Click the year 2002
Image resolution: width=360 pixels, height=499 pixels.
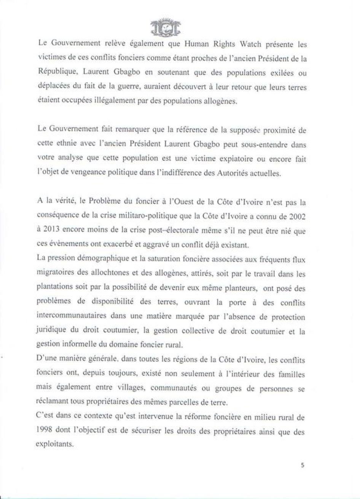pyautogui.click(x=296, y=216)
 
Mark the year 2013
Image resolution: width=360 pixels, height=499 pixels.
pyautogui.click(x=54, y=230)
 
